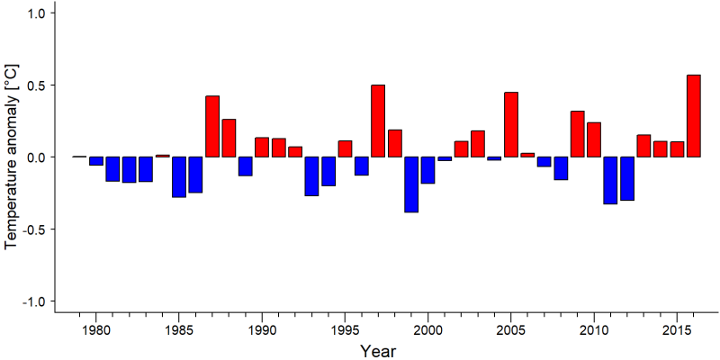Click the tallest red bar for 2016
[693, 116]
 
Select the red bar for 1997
[378, 121]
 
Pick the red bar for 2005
[511, 124]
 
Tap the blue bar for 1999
[411, 184]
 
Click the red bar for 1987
[212, 126]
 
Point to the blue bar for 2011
[611, 181]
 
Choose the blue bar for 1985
[179, 177]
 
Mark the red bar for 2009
[578, 134]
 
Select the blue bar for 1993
[311, 176]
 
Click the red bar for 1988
[229, 139]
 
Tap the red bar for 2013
[643, 146]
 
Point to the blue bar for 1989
[245, 166]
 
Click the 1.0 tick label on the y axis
[33, 13]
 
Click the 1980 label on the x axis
[96, 330]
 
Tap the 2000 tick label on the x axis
[428, 330]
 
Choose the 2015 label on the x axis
[677, 330]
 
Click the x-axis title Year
[377, 351]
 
